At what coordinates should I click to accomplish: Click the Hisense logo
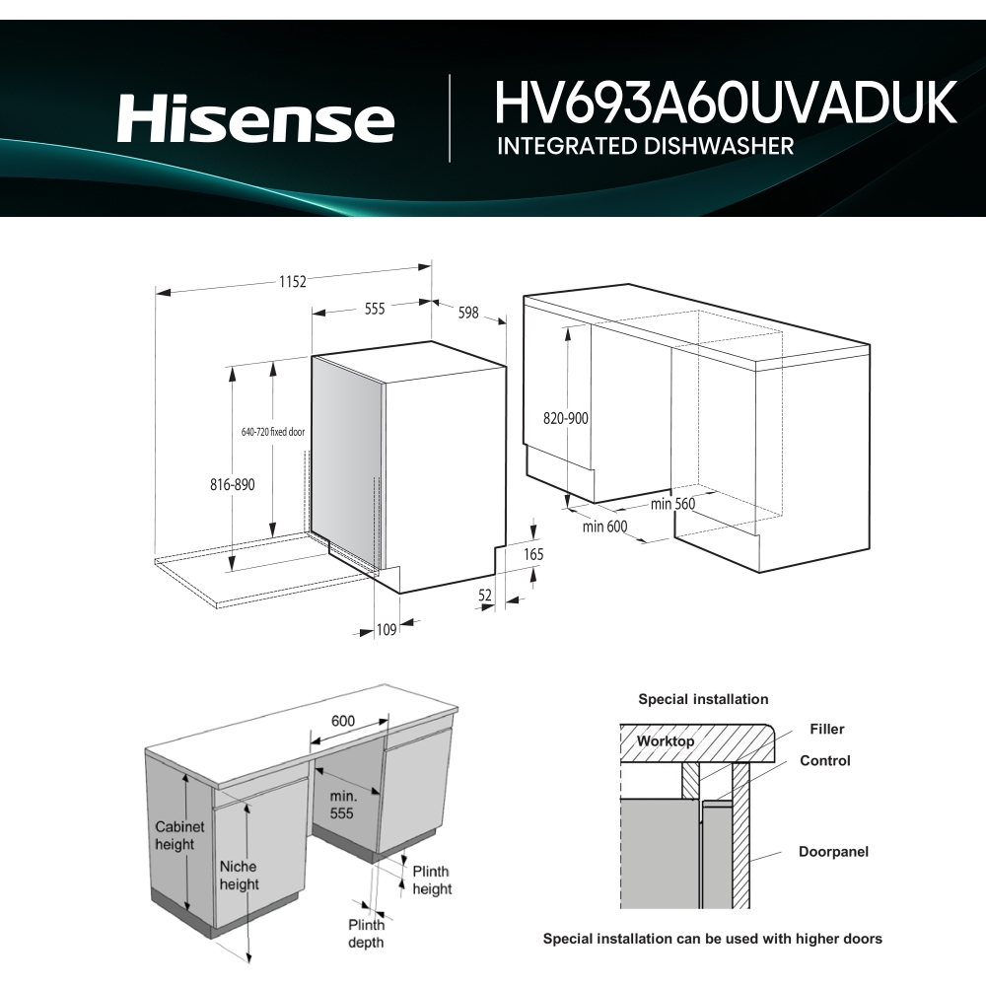(x=255, y=119)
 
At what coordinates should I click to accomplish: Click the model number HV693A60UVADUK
(x=726, y=103)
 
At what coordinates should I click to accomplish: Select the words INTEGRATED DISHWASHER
(x=646, y=146)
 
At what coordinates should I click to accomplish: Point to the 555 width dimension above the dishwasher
(x=374, y=309)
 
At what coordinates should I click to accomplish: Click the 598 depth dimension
(x=467, y=313)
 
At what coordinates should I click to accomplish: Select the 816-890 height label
(x=233, y=485)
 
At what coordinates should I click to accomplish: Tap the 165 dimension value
(x=532, y=555)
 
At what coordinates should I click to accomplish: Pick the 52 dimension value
(x=485, y=595)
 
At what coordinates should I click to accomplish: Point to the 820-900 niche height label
(x=565, y=418)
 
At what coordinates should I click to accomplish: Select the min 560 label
(x=673, y=504)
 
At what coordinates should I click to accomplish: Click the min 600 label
(x=604, y=527)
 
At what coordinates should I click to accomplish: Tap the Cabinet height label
(x=179, y=835)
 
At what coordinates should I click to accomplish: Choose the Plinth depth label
(x=366, y=933)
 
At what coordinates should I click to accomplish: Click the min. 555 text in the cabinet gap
(x=342, y=804)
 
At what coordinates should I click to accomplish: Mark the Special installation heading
(x=703, y=699)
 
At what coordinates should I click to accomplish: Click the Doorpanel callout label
(x=833, y=851)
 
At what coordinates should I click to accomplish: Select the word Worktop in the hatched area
(x=666, y=740)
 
